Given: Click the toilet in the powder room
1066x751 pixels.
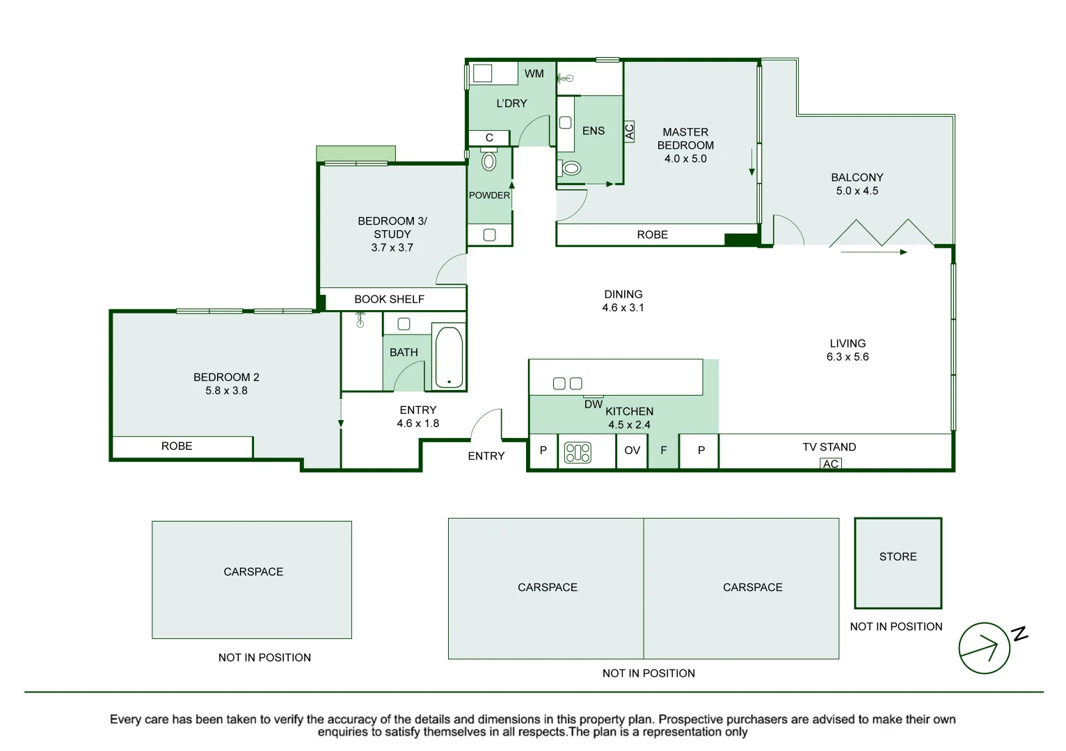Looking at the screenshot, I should tap(489, 161).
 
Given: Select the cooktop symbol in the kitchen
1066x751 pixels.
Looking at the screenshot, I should tap(578, 453).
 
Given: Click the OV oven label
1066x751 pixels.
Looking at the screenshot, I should tap(632, 451).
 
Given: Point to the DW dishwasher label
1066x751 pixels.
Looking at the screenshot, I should tap(593, 404).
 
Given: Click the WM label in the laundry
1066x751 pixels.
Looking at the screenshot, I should tap(534, 74).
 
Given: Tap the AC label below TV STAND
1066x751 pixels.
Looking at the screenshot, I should tap(830, 464).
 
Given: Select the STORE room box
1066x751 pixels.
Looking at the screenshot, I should tap(898, 563).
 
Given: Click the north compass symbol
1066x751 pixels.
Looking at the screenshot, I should tap(984, 648).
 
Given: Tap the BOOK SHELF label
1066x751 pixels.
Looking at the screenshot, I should tap(389, 299).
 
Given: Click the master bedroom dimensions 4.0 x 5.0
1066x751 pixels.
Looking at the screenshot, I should tap(685, 159).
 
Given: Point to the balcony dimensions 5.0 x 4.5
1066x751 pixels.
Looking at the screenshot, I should tap(857, 191).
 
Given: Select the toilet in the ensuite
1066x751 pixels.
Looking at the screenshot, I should tap(571, 168).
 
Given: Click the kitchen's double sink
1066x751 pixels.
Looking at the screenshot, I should tap(567, 383).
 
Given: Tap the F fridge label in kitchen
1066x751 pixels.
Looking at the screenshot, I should tap(663, 451).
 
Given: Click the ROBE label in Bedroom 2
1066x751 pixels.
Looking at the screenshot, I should tap(177, 446).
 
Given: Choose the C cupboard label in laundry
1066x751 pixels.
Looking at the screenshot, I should tap(489, 138).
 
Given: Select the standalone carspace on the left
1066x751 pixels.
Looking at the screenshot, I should tap(252, 579).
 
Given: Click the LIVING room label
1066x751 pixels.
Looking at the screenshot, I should tap(847, 344).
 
